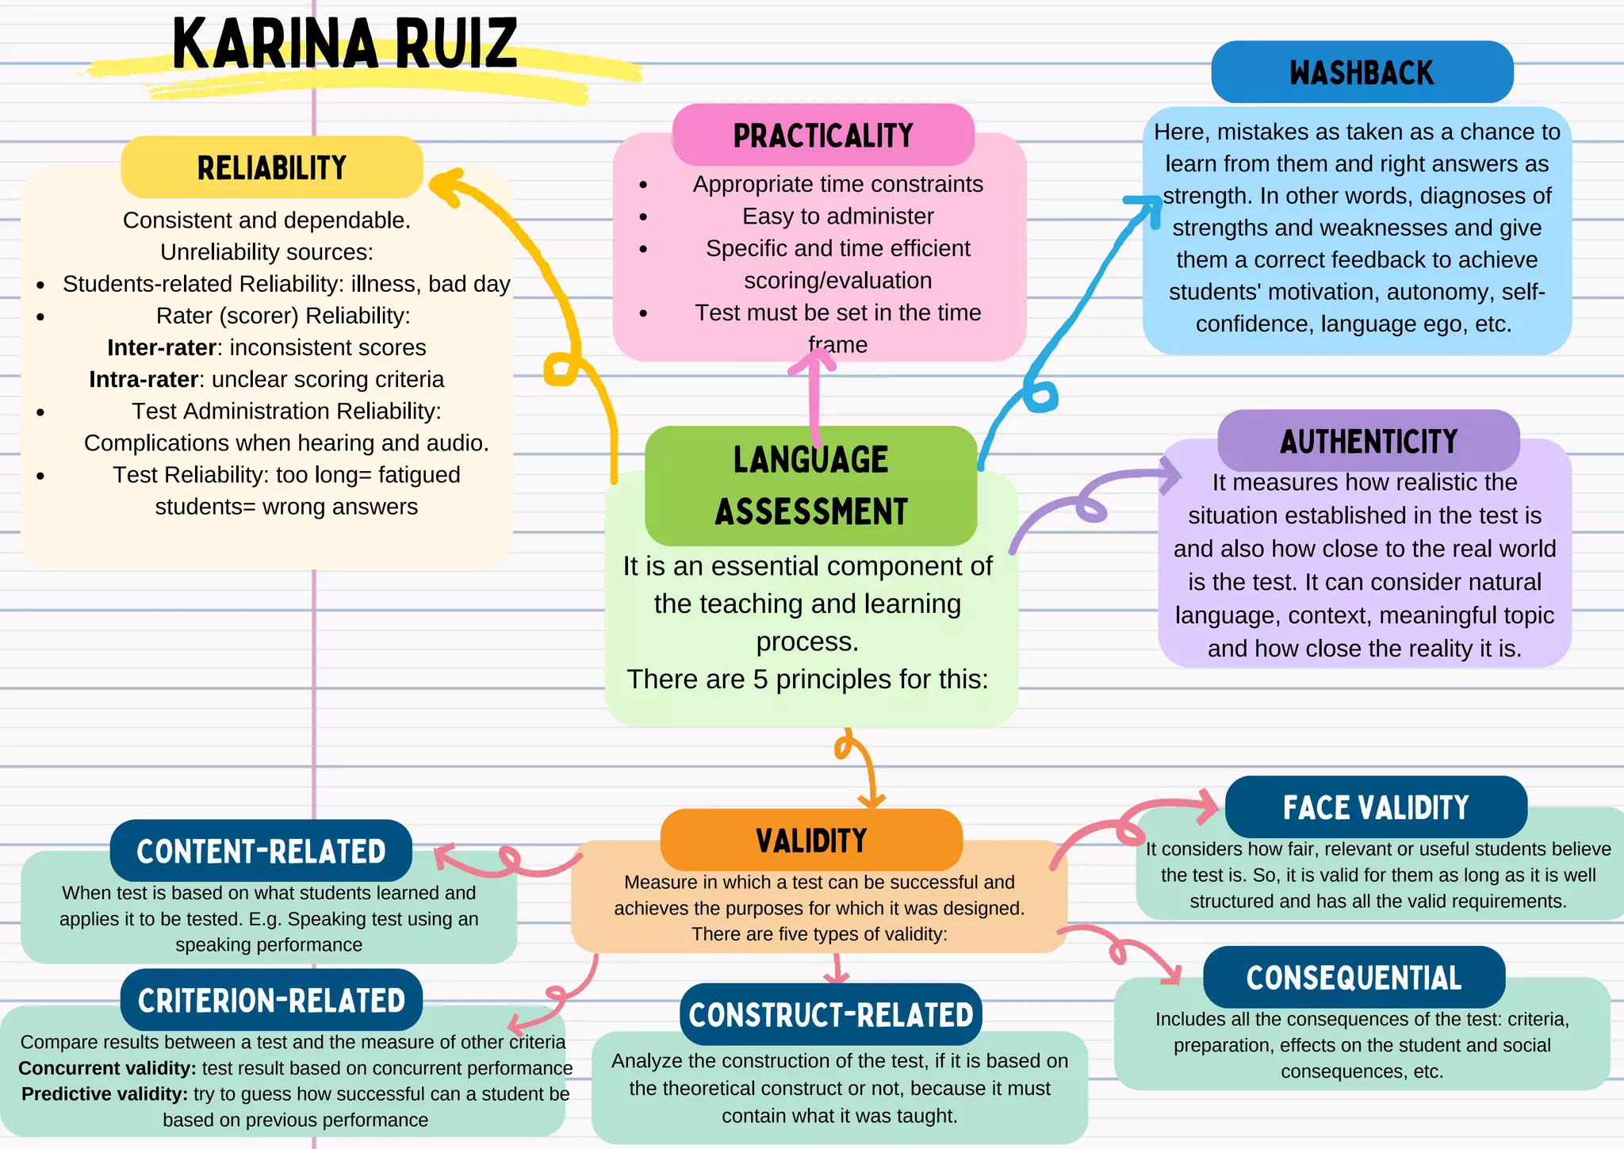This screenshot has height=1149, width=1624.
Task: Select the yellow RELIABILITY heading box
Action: click(271, 167)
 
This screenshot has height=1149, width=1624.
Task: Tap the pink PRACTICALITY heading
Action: click(823, 136)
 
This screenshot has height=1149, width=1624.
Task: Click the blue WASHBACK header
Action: click(1362, 72)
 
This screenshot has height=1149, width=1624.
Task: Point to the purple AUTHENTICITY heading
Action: click(1369, 441)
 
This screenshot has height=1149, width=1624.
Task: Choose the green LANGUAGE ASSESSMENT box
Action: click(810, 485)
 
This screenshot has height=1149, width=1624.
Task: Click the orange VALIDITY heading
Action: click(811, 841)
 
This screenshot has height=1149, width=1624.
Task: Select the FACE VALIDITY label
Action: click(1376, 807)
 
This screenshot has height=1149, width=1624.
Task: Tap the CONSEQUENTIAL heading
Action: click(1354, 978)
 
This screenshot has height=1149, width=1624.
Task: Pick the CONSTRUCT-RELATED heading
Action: click(830, 1015)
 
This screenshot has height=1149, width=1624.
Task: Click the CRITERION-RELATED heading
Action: click(271, 1000)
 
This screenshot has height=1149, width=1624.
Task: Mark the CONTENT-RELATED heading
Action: click(261, 852)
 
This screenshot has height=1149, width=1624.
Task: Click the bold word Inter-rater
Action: click(162, 347)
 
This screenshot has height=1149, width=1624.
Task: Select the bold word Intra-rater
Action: click(144, 379)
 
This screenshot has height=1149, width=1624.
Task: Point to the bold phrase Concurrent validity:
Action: click(107, 1068)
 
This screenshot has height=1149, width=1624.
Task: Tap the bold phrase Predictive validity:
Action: click(105, 1094)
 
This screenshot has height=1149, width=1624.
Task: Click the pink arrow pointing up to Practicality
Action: click(813, 393)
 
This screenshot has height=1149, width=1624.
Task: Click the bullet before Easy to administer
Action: click(643, 216)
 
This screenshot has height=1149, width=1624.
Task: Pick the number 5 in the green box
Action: click(760, 680)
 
